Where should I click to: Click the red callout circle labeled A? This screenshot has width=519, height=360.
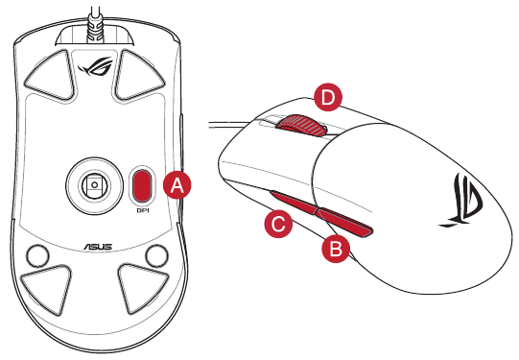point(177,185)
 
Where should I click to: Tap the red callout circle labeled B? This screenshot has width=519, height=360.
point(336,249)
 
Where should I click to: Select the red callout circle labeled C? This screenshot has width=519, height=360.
point(278,224)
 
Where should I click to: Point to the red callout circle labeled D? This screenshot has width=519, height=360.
point(328,97)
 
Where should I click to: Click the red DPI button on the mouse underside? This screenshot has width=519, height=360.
point(142,185)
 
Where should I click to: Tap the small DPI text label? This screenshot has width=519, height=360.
point(143,210)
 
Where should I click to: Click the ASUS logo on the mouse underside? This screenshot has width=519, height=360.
point(98,247)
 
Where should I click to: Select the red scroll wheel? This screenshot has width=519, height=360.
point(301,126)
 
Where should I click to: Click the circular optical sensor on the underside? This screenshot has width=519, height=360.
point(95,185)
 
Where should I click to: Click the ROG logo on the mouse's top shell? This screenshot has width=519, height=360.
point(461,201)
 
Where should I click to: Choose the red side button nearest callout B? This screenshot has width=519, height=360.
point(344,222)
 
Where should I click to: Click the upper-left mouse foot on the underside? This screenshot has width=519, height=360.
point(51,75)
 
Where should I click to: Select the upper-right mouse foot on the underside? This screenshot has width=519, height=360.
point(137,75)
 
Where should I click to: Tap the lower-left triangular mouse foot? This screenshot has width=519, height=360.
point(46,288)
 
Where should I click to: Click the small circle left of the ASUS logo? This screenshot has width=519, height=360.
point(37,255)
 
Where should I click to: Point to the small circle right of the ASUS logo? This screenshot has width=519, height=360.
point(157,255)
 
